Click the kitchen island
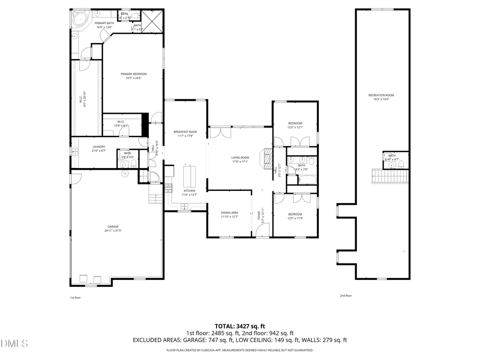tap(189, 174)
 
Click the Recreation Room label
tap(381, 95)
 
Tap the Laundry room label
tap(99, 147)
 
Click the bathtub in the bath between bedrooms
tap(302, 180)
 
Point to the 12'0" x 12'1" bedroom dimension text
tap(295, 127)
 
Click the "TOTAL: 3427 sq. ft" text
tap(239, 325)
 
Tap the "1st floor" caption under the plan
tap(76, 298)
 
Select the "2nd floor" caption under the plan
tap(346, 295)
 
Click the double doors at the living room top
tap(220, 131)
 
